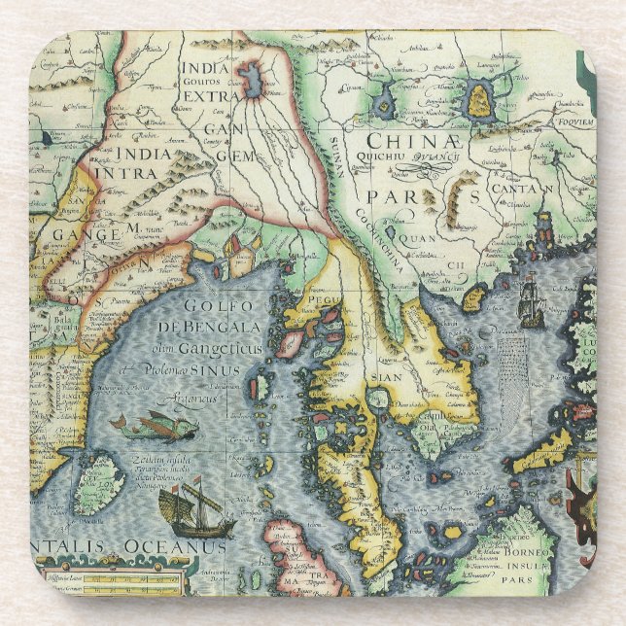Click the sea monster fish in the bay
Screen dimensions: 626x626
[156, 425]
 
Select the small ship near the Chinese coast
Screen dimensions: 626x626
[531, 303]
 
